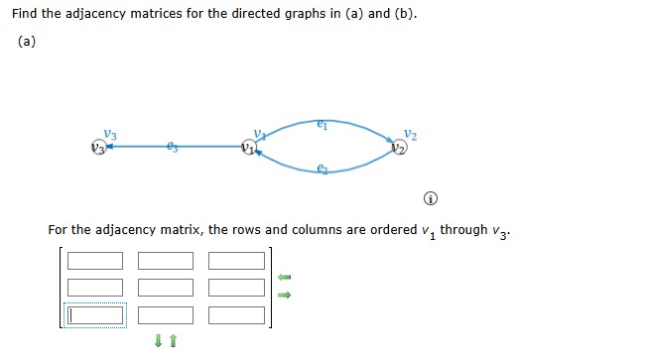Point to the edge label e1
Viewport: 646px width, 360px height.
pos(323,124)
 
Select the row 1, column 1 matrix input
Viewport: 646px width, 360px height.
pos(95,261)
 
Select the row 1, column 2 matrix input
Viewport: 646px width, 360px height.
pos(166,261)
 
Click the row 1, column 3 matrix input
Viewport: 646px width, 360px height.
pos(237,261)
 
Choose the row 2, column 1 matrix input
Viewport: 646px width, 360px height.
pos(95,288)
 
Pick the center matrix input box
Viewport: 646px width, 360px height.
pos(166,288)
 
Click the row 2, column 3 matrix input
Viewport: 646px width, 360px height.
pos(237,288)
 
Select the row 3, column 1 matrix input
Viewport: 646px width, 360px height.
pos(95,315)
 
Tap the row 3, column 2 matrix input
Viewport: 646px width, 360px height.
pos(166,315)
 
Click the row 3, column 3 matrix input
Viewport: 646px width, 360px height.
pos(237,315)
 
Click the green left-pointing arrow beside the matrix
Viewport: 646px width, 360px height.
pos(283,277)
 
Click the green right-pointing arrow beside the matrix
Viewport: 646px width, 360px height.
pos(283,294)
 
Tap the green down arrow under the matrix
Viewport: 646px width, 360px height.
pos(158,342)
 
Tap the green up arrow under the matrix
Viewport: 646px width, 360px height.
pos(173,342)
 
